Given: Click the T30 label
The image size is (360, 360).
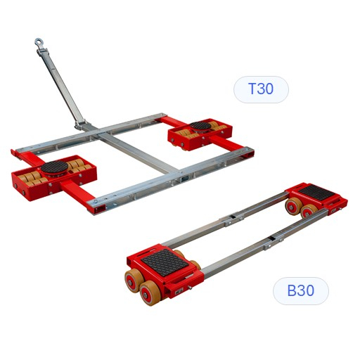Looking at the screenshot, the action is pos(261,89).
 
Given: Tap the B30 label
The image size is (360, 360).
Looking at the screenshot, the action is pos(301,290).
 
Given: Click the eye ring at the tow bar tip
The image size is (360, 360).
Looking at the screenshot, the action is pos(38,42).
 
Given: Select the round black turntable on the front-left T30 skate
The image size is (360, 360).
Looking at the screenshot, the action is pos(54,167).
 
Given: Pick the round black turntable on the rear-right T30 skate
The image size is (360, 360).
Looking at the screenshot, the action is pos(200,126).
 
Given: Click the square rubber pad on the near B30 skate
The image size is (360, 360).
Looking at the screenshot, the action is pos(165,262).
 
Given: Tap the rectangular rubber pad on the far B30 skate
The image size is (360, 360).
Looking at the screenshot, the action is pos(318,192).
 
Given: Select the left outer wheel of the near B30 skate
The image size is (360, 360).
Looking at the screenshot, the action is pos(134,281).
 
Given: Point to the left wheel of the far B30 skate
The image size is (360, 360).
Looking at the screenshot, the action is pos(293,206).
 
